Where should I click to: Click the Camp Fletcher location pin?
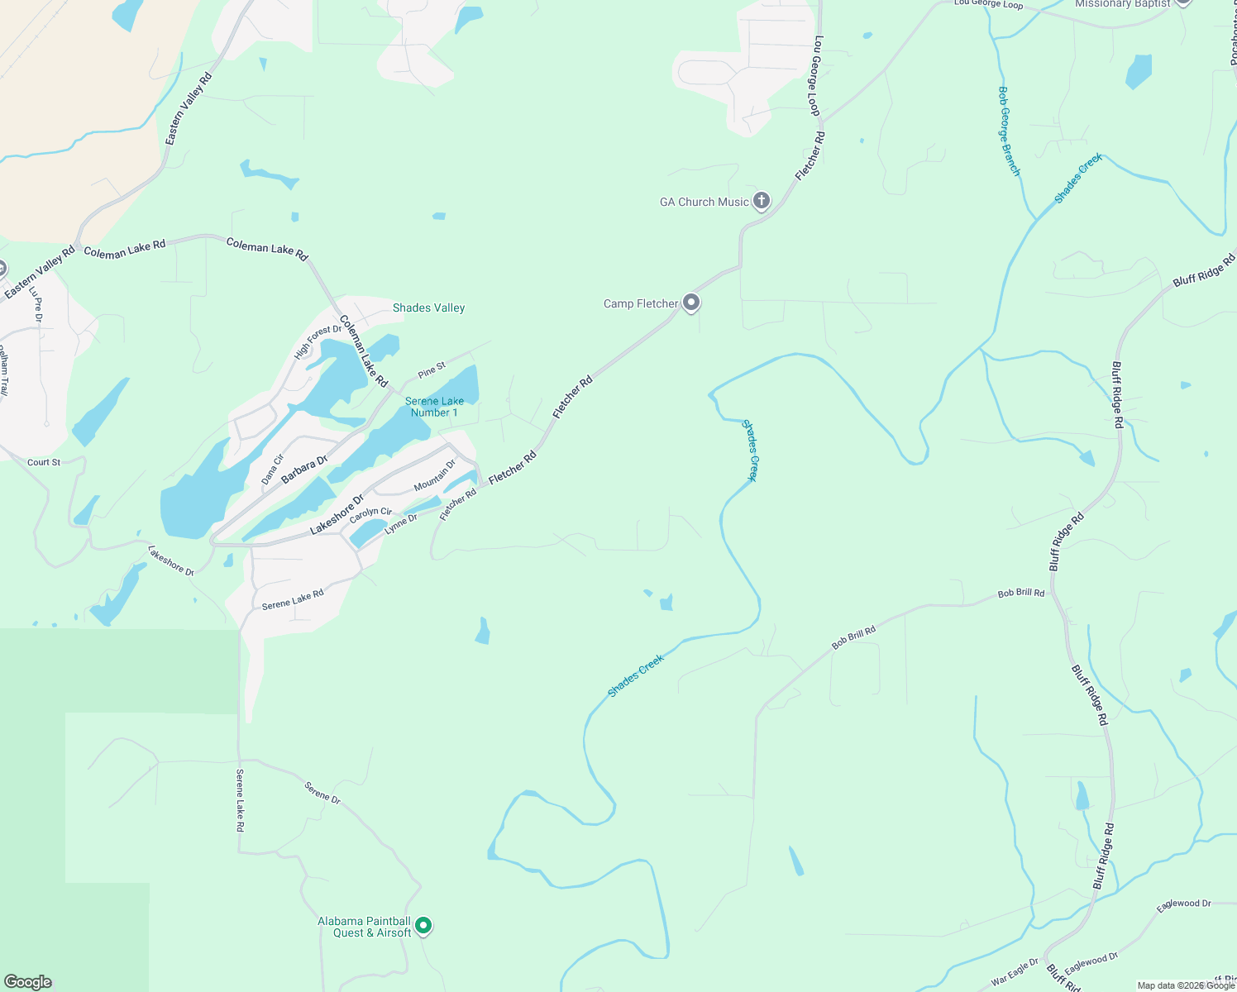coord(691,303)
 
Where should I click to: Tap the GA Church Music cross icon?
coord(762,201)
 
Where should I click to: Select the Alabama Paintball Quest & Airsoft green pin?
coord(423,926)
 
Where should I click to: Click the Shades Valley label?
coord(428,308)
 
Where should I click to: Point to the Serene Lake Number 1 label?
coord(434,407)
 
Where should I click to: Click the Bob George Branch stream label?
coord(1009,131)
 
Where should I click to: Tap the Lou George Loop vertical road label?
coord(816,75)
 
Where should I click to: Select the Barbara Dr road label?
coord(304,469)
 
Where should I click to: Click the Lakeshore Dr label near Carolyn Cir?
coord(337,515)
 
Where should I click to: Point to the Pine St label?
coord(432,370)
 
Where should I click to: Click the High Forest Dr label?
coord(318,342)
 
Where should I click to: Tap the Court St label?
coord(44,462)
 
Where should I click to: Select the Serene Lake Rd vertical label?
coord(240,799)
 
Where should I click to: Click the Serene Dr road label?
coord(322,792)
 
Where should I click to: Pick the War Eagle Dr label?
coord(1015,971)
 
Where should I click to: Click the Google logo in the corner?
coord(27,982)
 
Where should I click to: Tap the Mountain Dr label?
coord(434,475)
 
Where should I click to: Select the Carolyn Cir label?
coord(370,515)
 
